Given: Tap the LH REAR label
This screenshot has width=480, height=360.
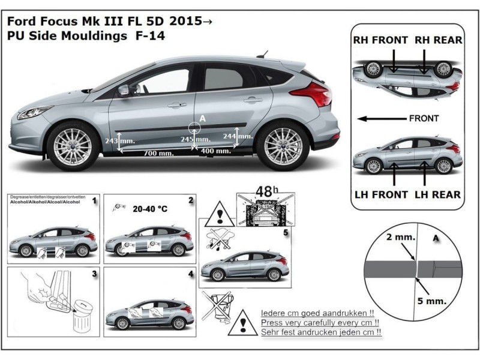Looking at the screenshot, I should pos(438,194).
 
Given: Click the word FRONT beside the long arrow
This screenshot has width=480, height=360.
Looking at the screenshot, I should pos(424,118).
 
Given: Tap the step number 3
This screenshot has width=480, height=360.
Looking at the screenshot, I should pos(94,274).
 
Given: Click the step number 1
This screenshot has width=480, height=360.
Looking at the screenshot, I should pos(94,202).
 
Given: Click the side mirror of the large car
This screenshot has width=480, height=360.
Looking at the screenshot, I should pos(124,90).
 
